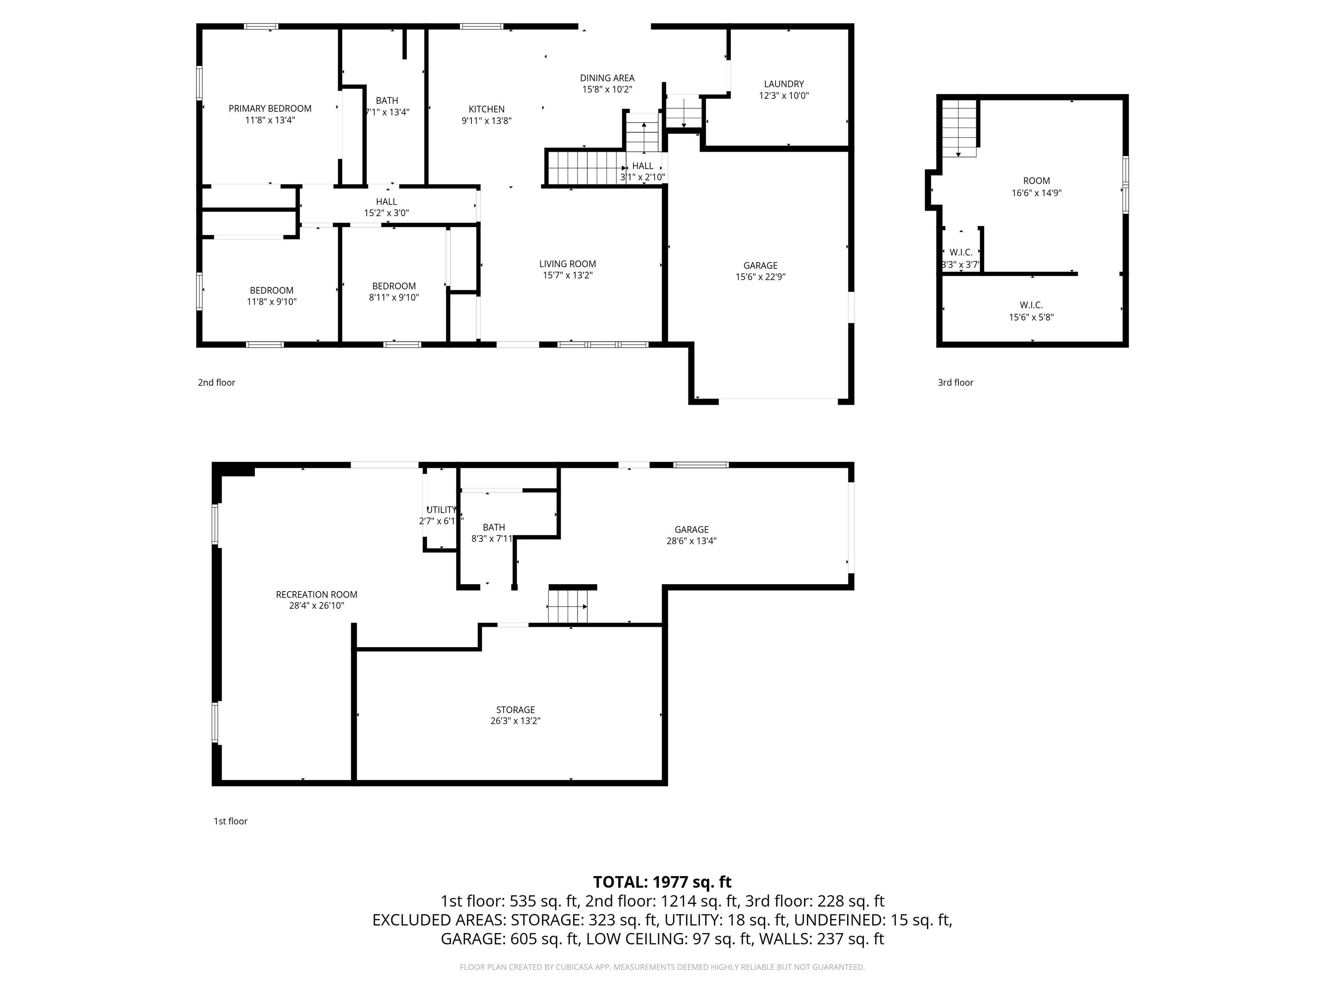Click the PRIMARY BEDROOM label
pos(270,108)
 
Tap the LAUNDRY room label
pos(784,84)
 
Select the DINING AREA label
pos(607,78)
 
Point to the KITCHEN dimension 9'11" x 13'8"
pos(487,120)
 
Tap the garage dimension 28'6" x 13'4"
pos(691,541)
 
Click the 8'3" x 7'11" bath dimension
pos(493,539)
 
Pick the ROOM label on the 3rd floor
pos(1036,181)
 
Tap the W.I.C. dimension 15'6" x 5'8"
pos(1031,318)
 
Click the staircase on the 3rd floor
pos(959,128)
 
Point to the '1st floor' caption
pos(231,821)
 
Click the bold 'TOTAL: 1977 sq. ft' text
pos(662,882)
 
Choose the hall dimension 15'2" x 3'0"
pos(386,213)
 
